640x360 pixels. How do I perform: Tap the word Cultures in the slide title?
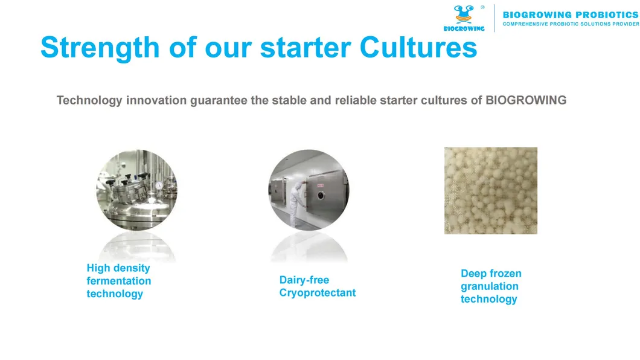(x=418, y=48)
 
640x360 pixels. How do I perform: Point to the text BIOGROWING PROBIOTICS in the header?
(x=570, y=14)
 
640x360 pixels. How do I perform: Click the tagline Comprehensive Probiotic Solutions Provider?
(x=570, y=24)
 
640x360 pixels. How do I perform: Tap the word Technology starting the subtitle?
(x=89, y=100)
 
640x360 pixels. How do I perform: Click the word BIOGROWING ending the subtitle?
(x=526, y=100)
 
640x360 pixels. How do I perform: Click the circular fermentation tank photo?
(x=136, y=190)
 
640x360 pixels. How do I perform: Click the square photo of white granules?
(x=490, y=190)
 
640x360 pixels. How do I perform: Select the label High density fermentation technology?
(x=119, y=281)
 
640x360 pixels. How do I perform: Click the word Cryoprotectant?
(x=317, y=293)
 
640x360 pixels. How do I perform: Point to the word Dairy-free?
(x=304, y=280)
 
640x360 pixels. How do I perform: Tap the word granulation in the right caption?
(x=489, y=286)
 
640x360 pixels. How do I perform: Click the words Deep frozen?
(x=491, y=274)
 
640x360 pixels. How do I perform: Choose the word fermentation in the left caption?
(x=119, y=281)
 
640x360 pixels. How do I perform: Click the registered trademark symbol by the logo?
(x=482, y=7)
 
